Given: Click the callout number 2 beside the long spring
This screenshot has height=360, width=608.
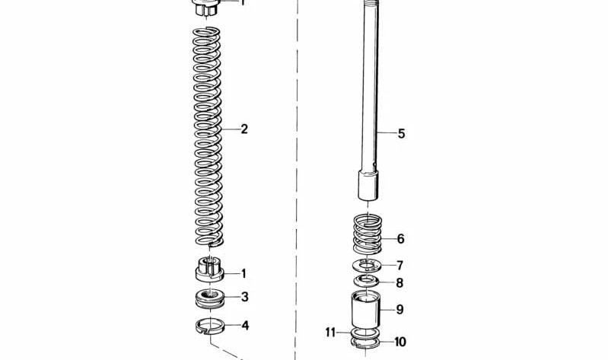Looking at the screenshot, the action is (244, 129).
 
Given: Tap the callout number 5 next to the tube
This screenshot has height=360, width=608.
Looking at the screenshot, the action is (401, 133).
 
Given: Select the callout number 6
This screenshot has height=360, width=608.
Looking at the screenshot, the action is (401, 238).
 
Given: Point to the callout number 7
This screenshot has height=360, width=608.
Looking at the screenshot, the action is (400, 266).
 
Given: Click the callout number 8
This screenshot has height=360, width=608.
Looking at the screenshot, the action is (399, 283).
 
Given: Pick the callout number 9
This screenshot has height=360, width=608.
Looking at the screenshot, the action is (399, 310).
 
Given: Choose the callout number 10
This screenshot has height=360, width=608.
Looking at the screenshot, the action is (400, 342).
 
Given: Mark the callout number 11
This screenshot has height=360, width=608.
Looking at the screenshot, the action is (330, 333).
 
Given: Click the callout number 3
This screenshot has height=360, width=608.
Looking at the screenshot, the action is (244, 297).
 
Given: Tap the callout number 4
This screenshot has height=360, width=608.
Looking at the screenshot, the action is (245, 326).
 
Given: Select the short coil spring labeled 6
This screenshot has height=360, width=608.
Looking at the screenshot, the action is (368, 233).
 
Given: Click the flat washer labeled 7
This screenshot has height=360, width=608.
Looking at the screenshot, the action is (367, 266).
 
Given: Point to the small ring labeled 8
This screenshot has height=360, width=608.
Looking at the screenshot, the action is (367, 281).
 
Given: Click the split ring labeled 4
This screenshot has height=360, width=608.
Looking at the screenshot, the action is (210, 326).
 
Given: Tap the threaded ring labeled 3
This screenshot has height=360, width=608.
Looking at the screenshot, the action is (210, 298).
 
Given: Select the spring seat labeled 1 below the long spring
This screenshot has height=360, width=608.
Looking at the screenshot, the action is (210, 269).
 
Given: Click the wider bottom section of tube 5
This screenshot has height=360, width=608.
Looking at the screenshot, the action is (368, 186).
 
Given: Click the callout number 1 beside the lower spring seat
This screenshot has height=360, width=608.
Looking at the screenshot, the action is (244, 274).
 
